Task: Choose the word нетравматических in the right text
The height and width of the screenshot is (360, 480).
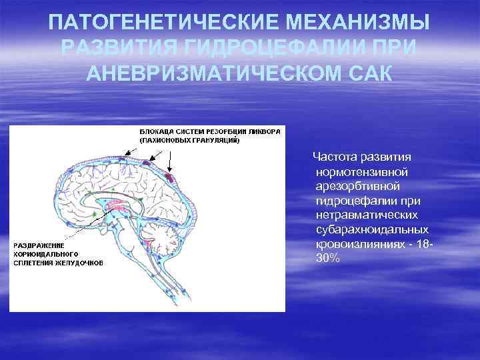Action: (x=367, y=215)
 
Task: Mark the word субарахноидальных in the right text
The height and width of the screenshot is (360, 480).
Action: (x=371, y=229)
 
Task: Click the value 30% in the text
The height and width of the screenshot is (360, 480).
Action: (x=327, y=257)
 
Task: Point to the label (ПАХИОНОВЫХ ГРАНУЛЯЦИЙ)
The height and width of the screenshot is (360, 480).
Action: (x=190, y=141)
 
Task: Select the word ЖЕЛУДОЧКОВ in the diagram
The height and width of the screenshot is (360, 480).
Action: (x=79, y=263)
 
